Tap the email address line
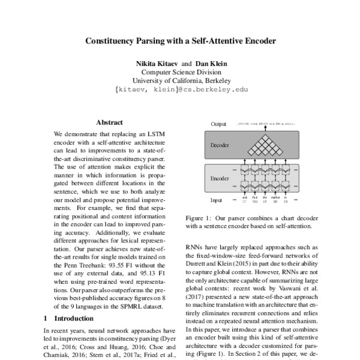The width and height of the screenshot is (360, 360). click(x=180, y=89)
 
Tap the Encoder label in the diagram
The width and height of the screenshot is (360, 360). click(x=220, y=178)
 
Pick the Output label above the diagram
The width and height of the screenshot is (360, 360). click(x=218, y=124)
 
